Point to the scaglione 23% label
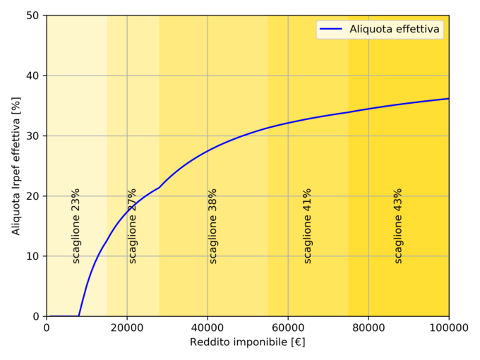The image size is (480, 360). coord(76,226)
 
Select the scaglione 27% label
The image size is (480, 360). coord(132,226)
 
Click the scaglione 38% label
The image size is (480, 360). coord(212,226)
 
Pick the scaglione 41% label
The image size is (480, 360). coord(307,226)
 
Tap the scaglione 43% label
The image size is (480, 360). coord(398,226)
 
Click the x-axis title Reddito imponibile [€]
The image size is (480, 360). coord(247,342)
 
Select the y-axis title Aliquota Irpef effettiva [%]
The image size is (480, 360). coord(16,166)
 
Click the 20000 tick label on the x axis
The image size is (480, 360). coord(127,328)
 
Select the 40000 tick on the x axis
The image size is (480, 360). coord(208,328)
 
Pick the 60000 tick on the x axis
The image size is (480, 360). coord(288,328)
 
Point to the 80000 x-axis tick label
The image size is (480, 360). coord(368,328)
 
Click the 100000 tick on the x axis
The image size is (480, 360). coord(449,328)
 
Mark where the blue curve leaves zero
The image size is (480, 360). coord(79,316)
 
